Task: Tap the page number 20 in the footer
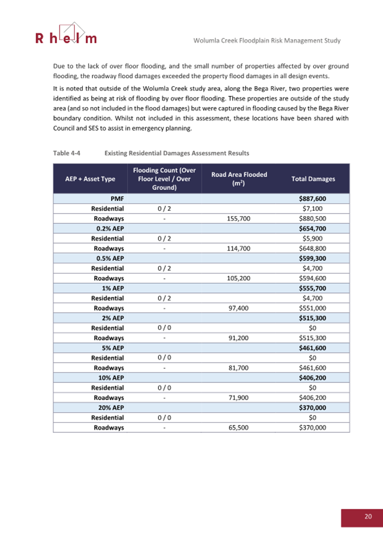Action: click(x=368, y=516)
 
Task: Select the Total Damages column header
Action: click(x=313, y=178)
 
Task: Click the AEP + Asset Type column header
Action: click(x=91, y=178)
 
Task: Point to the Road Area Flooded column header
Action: click(x=239, y=178)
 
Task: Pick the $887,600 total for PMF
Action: click(x=312, y=199)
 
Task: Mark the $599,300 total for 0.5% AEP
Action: click(x=312, y=258)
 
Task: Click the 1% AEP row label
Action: click(x=113, y=288)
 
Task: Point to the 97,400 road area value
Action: click(x=240, y=308)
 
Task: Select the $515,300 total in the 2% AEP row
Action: click(x=312, y=318)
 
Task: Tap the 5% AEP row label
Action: click(x=113, y=348)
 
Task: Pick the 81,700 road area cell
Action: click(x=240, y=368)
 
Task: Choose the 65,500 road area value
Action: click(x=240, y=428)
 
